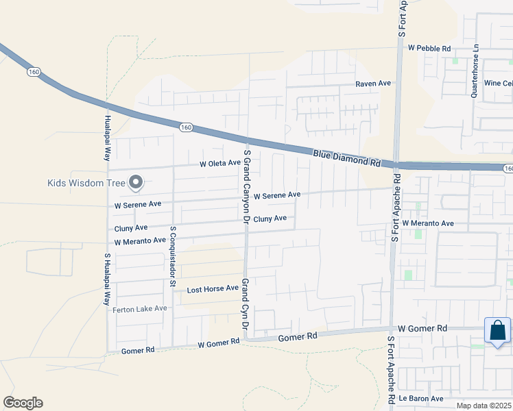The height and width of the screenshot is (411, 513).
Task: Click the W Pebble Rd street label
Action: point(429,49)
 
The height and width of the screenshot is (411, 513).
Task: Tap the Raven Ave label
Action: point(372,84)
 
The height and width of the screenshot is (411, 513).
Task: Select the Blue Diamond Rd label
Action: point(346,158)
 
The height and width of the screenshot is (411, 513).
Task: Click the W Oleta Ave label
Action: point(220,164)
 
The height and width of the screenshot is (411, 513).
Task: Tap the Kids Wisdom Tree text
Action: point(85,183)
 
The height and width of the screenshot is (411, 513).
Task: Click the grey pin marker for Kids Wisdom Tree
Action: point(136,182)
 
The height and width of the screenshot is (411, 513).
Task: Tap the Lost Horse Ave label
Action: point(213,289)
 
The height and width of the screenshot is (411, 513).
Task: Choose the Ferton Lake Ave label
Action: point(139,309)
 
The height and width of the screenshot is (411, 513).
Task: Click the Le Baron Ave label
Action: point(422,398)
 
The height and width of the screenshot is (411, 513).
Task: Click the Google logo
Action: point(23,403)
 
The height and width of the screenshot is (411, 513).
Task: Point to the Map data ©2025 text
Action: point(484,406)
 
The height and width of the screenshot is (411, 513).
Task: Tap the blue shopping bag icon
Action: point(497,331)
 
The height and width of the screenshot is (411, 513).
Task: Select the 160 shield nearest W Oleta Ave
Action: point(186,127)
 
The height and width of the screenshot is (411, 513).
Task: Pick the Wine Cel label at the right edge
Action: point(498,83)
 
